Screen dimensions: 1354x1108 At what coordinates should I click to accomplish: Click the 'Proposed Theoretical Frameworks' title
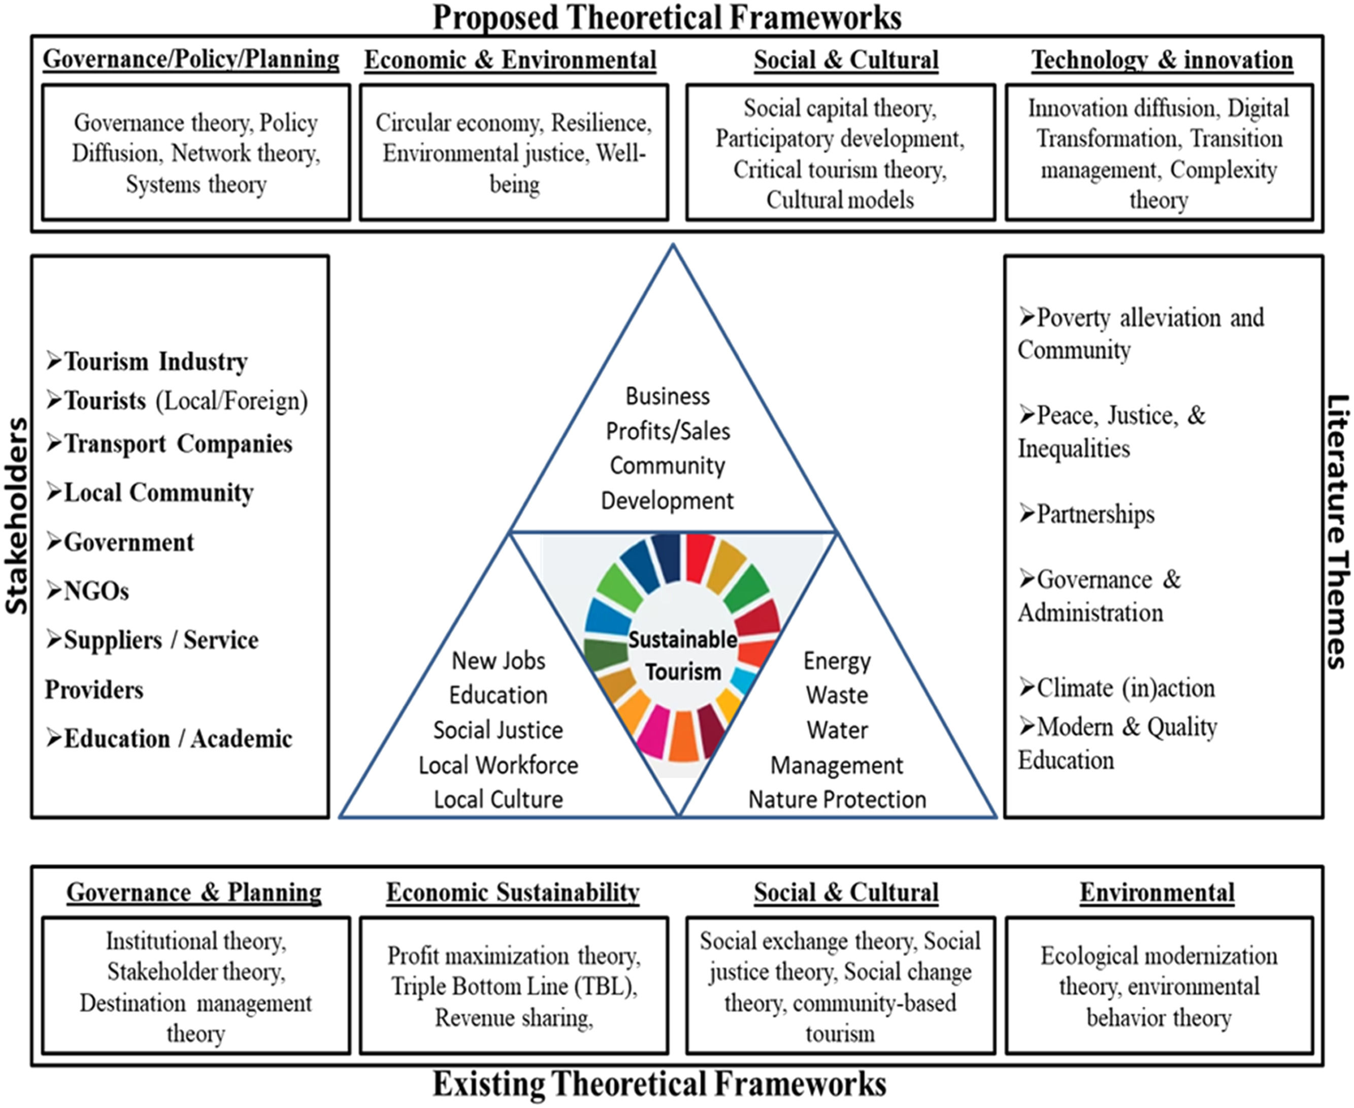coord(667,17)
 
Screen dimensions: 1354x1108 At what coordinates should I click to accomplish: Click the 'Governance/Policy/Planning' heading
coord(191,59)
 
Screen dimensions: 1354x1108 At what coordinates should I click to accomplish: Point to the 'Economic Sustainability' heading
coord(513,892)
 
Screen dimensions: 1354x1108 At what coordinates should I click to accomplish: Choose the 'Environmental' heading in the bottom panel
coord(1157,892)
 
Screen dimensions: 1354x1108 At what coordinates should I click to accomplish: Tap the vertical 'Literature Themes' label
coord(1337,531)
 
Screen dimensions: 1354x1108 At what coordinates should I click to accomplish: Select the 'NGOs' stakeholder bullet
coord(96,592)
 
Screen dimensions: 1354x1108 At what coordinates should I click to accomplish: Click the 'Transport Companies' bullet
coord(177,444)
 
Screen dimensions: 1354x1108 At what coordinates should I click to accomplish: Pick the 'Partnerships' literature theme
coord(1094,514)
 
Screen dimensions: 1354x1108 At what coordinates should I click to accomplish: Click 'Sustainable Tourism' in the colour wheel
coord(682,656)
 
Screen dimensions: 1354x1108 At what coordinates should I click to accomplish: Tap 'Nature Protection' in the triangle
coord(837,799)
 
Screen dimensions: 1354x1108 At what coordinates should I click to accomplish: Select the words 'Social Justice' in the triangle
coord(498,730)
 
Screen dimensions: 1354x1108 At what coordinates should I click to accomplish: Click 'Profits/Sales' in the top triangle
coord(668,432)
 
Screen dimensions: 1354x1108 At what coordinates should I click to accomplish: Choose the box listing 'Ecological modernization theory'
coord(1159,986)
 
